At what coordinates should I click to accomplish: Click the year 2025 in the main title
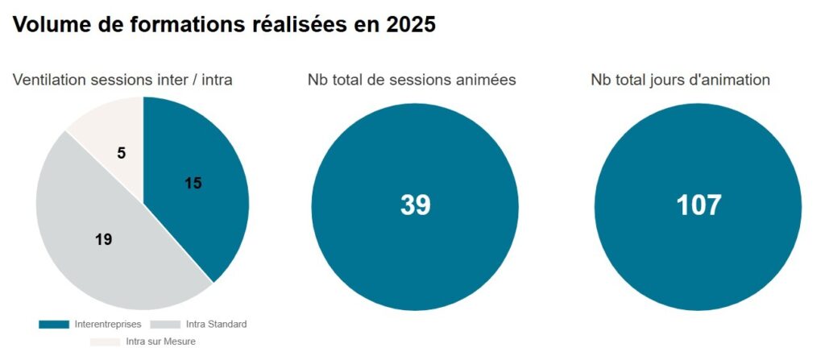point(411,25)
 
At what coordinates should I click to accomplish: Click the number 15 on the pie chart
point(193,183)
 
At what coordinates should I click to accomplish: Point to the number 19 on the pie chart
point(102,239)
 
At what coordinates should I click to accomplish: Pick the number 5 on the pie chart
point(121,151)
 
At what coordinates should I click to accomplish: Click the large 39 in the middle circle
point(415,205)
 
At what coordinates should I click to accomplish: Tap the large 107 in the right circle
point(698,205)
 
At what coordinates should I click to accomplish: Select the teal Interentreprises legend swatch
point(54,325)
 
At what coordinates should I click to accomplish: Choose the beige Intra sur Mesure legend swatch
point(106,341)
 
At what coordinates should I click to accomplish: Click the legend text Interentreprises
point(107,325)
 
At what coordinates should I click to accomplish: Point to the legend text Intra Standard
point(216,325)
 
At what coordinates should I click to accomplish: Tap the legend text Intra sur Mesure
point(161,341)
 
